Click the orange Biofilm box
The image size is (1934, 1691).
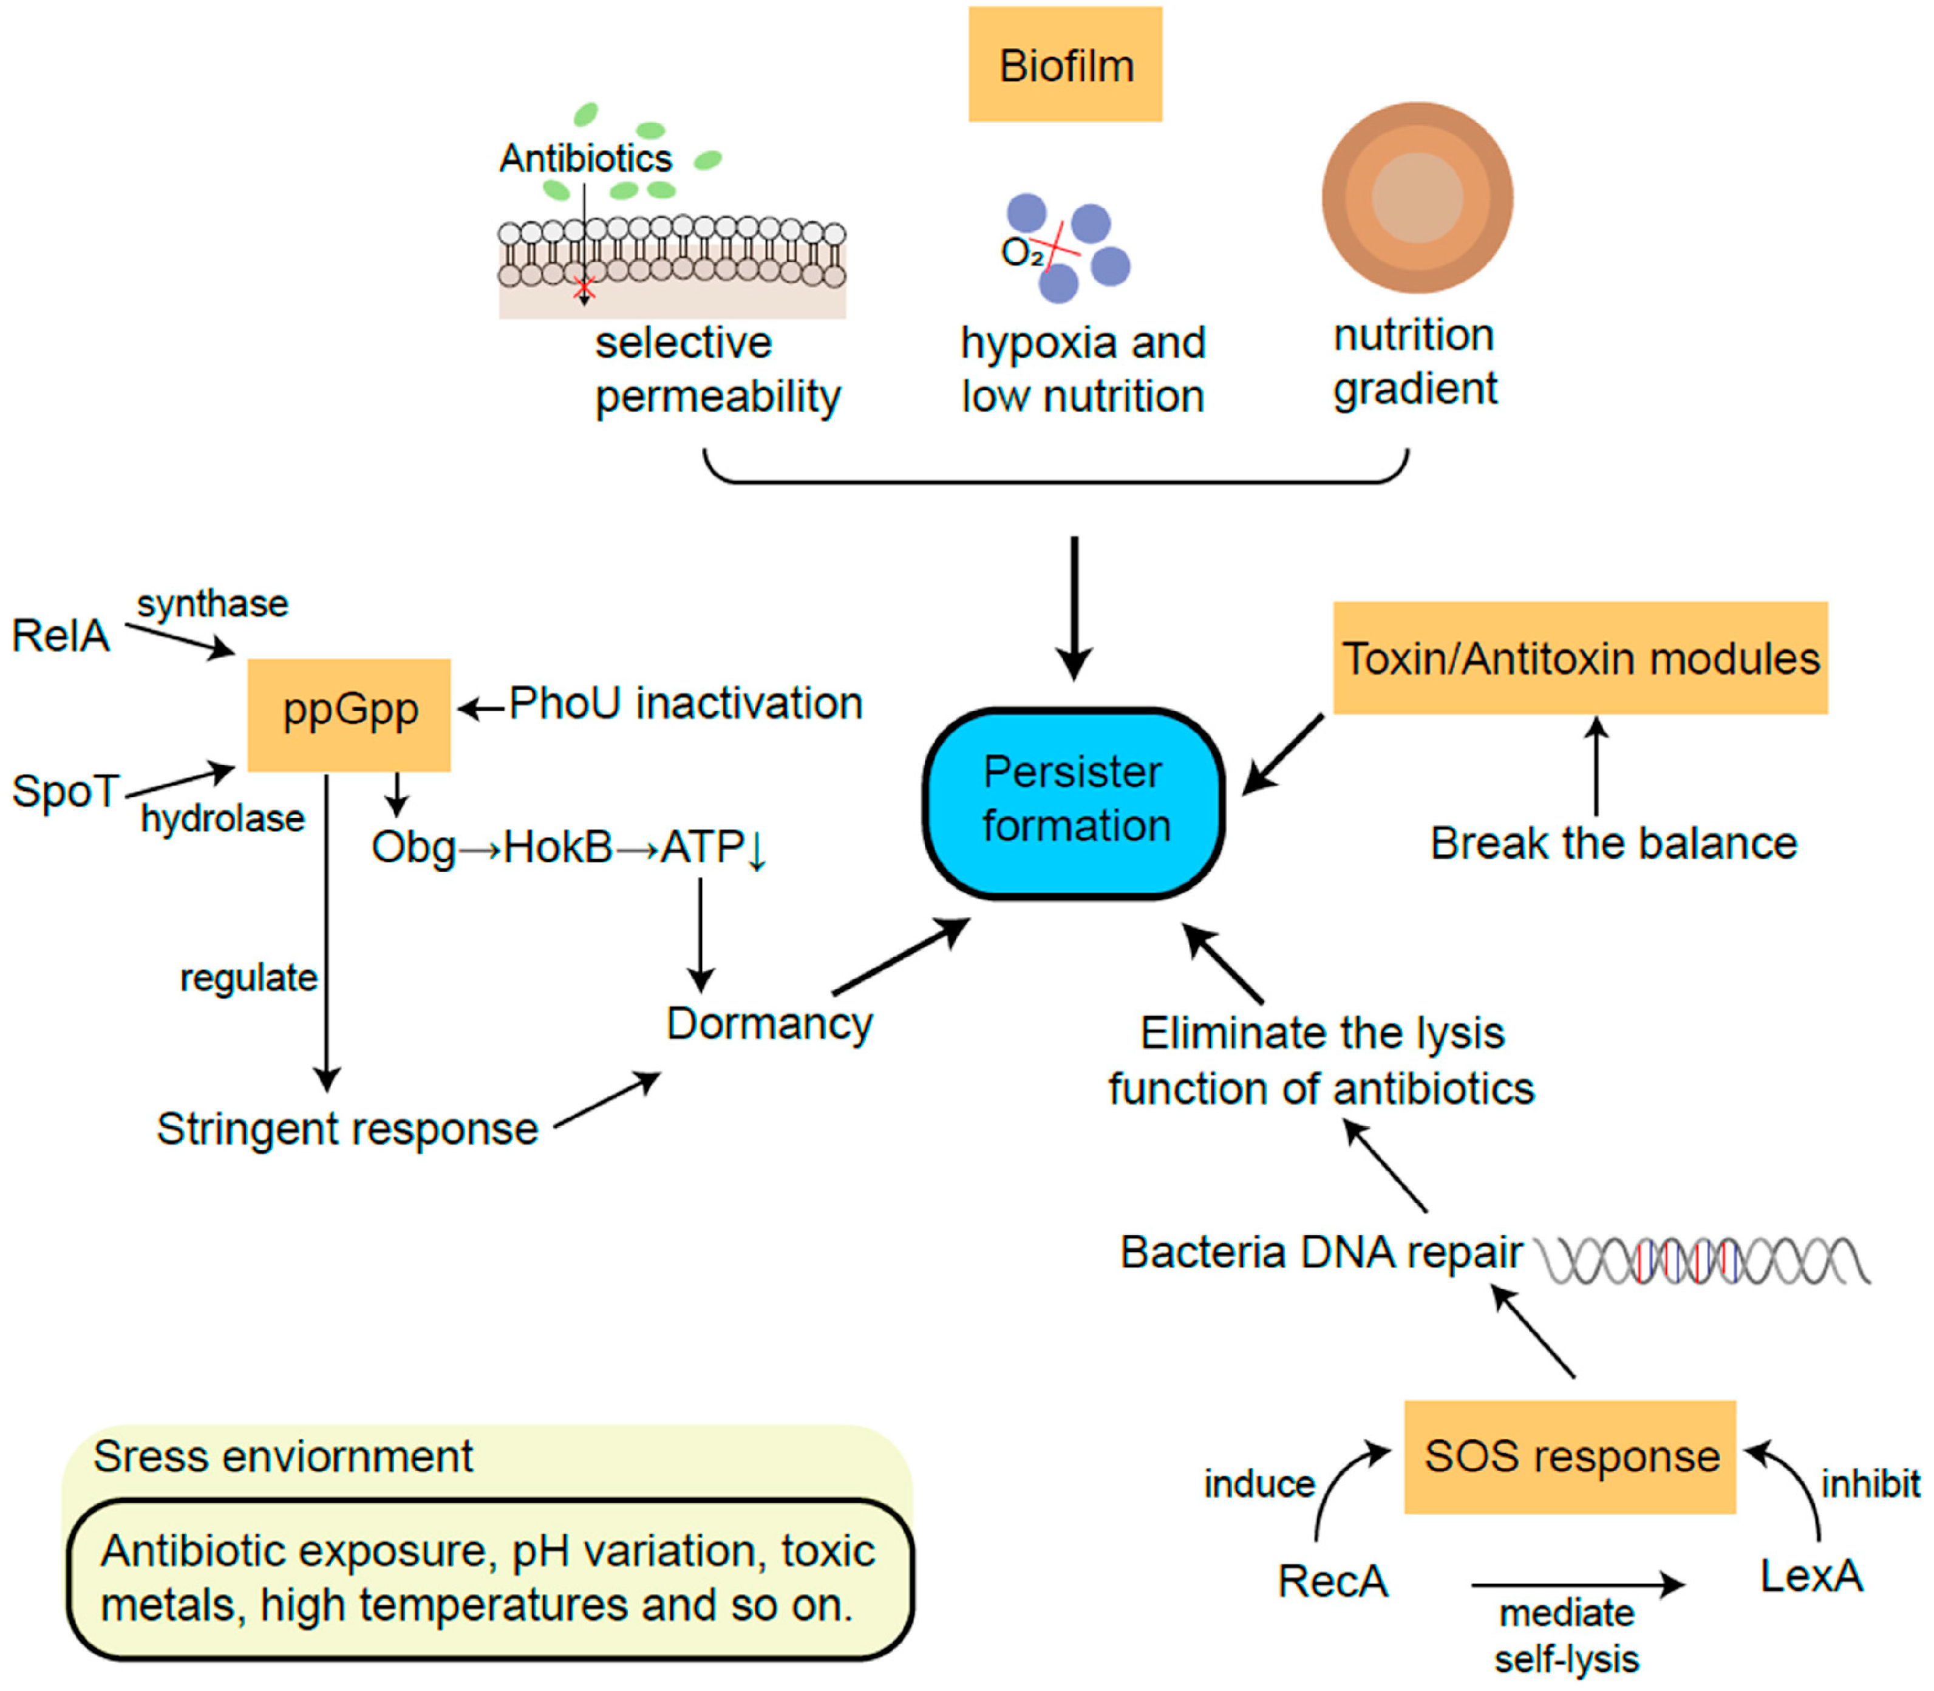tap(1065, 64)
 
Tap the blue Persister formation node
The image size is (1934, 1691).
tap(1074, 803)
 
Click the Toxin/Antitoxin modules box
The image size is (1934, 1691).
tap(1580, 658)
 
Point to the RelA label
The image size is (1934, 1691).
tap(60, 635)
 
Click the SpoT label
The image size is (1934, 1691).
tap(65, 791)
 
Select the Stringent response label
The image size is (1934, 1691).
tap(347, 1129)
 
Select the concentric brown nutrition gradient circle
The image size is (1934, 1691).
tap(1417, 197)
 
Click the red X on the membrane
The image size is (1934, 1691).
tap(585, 287)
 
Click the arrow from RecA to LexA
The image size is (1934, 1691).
tap(1578, 1584)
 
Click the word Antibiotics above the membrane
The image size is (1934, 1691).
tap(586, 157)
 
